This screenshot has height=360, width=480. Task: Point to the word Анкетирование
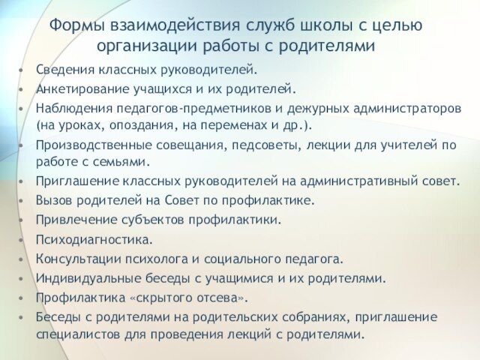pyautogui.click(x=82, y=89)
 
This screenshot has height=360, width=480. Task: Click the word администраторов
pyautogui.click(x=407, y=109)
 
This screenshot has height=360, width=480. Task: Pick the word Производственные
pyautogui.click(x=94, y=145)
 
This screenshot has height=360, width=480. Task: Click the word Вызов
pyautogui.click(x=54, y=200)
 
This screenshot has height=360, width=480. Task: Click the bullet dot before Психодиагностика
pyautogui.click(x=21, y=240)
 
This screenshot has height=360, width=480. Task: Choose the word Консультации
pyautogui.click(x=79, y=259)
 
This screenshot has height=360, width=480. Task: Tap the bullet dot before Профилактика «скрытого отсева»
pyautogui.click(x=21, y=298)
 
